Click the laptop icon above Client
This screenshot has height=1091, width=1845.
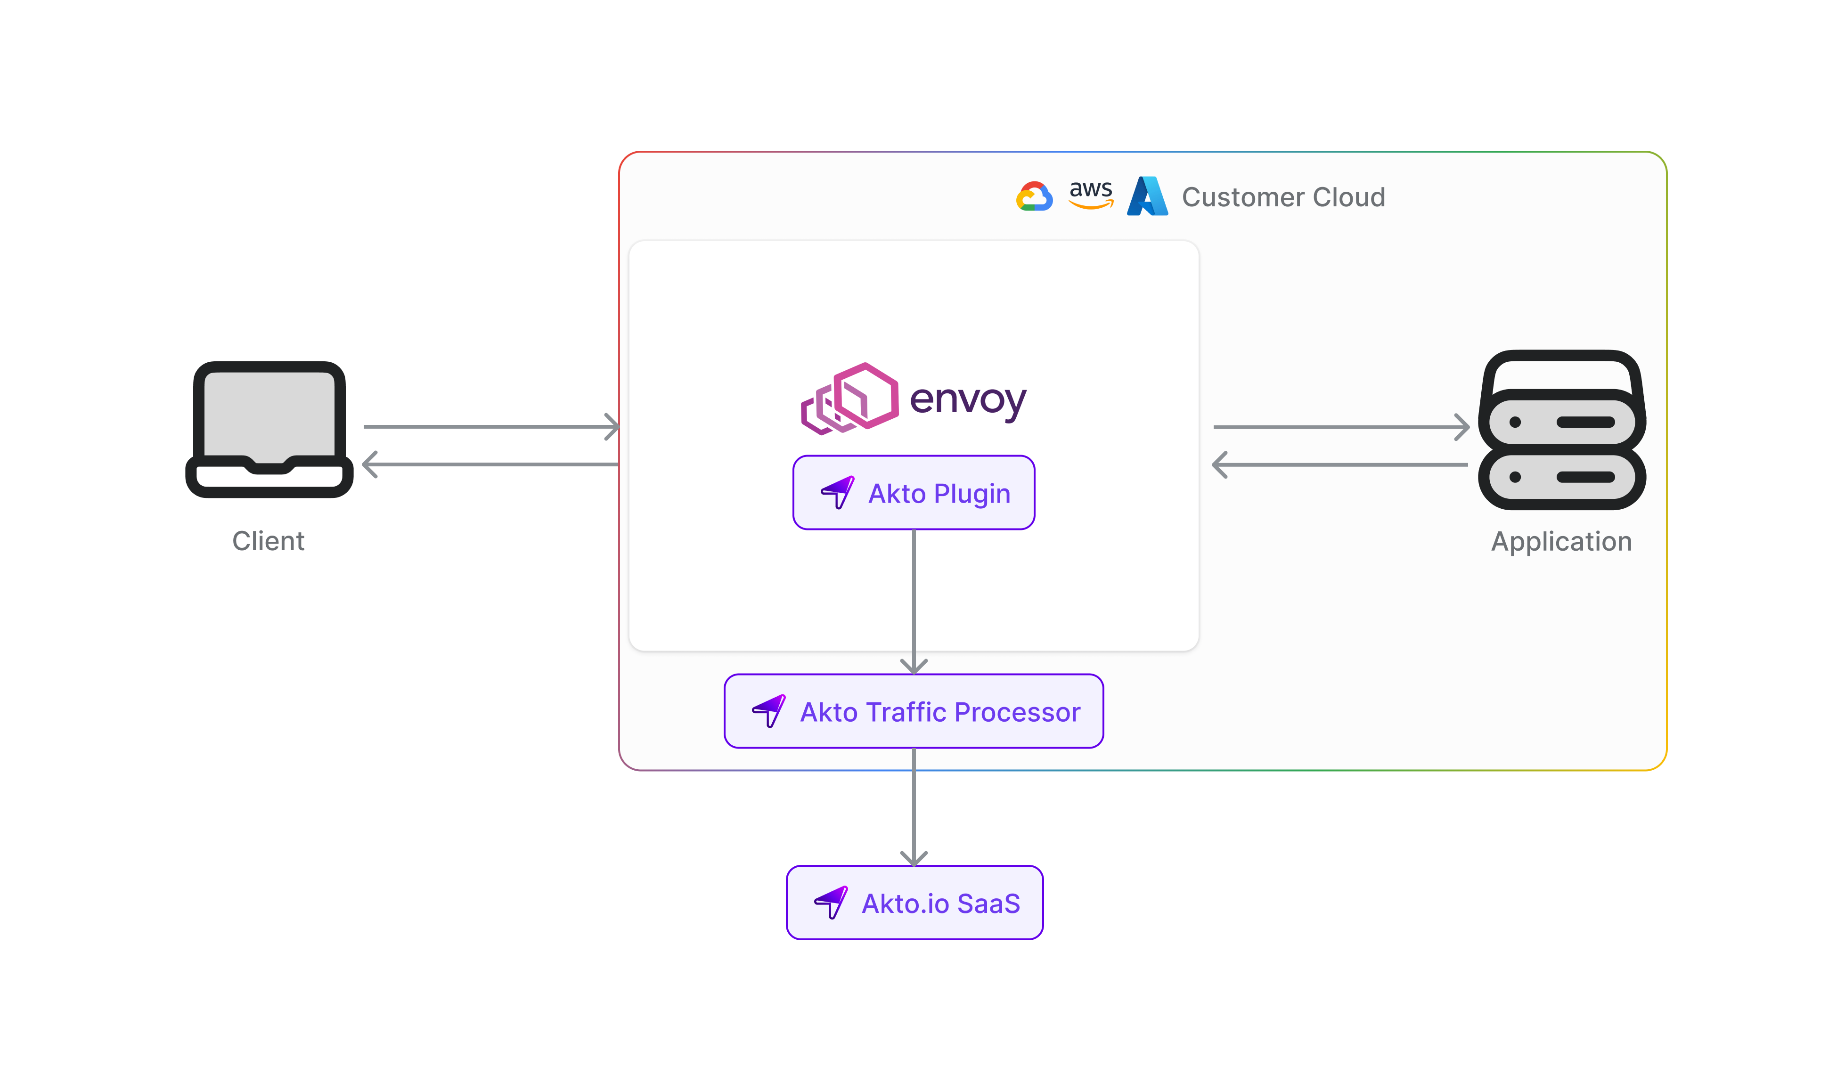coord(269,429)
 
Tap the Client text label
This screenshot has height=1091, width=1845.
coord(268,541)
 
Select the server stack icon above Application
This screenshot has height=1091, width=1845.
coord(1561,430)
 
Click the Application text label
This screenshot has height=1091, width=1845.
coord(1561,541)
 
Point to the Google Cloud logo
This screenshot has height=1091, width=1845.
coord(1034,196)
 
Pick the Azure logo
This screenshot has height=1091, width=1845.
coord(1147,196)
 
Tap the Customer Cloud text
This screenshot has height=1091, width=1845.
coord(1283,197)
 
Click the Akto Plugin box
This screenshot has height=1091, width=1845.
coord(914,493)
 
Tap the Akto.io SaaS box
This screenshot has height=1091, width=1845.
coord(914,903)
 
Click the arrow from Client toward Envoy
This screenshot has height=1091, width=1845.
coord(491,426)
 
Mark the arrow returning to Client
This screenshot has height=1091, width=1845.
coord(491,464)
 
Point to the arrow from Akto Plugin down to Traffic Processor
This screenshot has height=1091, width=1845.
coord(914,599)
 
